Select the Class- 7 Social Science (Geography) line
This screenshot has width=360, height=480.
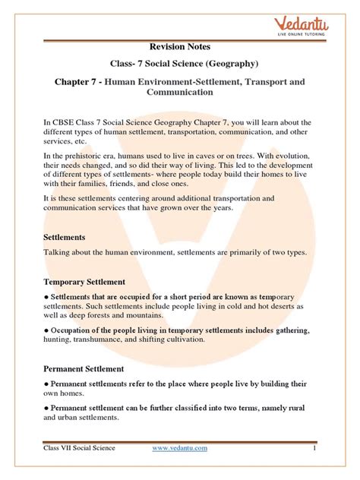coord(179,65)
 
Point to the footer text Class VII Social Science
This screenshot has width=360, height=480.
coord(80,448)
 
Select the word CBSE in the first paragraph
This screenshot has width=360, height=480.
coord(65,123)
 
